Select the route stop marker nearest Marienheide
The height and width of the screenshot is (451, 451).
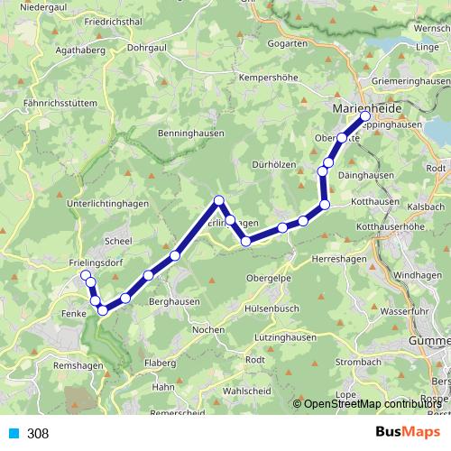pos(365,117)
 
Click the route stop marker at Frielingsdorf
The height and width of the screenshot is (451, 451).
pos(86,275)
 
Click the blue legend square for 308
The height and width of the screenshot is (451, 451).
pos(12,434)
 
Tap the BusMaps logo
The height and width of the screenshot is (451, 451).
pos(403,433)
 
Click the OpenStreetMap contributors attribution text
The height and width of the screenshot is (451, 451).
pos(372,404)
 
